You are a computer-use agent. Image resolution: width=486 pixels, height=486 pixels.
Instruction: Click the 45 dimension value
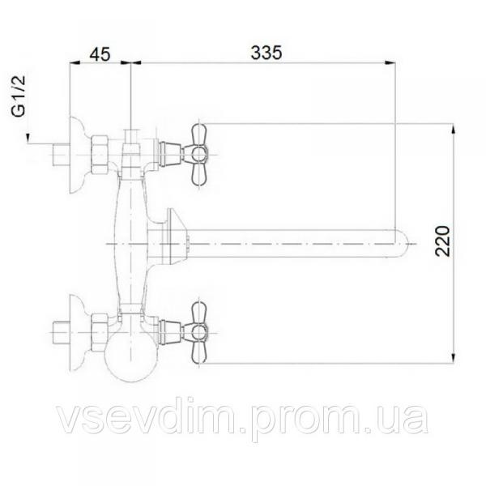100,54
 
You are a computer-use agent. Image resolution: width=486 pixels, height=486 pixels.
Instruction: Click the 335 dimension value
266,53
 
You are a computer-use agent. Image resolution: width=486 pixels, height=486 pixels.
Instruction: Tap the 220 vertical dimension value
442,241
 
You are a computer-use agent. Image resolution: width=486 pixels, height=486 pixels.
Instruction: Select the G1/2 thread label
19,96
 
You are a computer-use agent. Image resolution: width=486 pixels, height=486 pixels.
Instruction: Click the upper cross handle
198,155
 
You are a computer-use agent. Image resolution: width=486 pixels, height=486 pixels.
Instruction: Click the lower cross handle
198,332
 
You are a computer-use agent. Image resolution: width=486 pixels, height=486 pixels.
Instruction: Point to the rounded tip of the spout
403,244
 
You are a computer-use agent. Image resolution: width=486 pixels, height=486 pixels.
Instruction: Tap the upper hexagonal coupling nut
100,155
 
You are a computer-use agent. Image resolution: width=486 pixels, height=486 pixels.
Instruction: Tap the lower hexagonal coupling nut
100,332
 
